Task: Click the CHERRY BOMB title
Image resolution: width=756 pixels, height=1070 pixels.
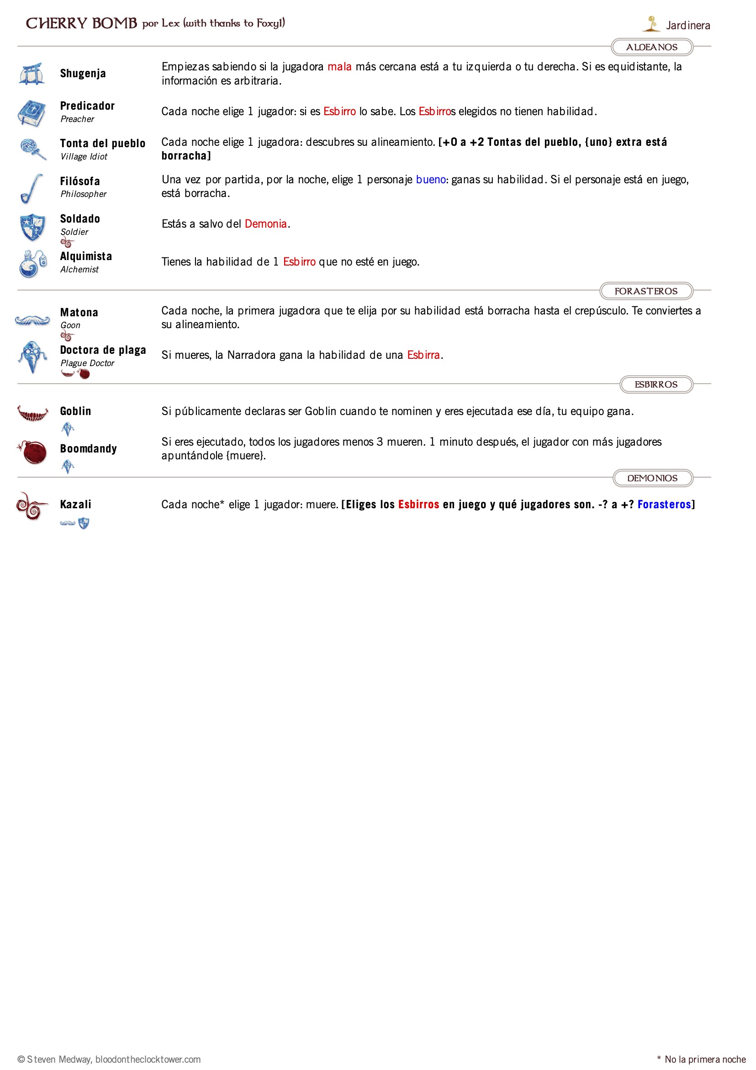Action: pos(81,23)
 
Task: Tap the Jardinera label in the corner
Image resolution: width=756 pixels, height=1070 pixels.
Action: pos(687,26)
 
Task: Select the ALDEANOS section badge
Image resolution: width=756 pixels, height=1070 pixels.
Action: pos(651,47)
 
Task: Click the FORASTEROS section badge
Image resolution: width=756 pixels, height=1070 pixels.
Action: pos(645,291)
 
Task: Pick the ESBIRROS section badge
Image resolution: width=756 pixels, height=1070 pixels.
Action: pos(656,384)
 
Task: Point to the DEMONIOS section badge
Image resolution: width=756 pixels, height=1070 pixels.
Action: pos(652,478)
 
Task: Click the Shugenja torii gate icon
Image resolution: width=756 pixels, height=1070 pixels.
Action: pos(32,74)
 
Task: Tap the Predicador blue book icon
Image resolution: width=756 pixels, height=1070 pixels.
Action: pos(32,112)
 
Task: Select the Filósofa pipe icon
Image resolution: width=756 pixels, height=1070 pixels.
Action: pos(32,188)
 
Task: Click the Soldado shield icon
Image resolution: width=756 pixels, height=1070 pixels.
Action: pos(32,227)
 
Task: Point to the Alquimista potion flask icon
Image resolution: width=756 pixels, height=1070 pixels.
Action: pos(32,264)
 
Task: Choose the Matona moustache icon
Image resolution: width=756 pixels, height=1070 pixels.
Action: pos(32,320)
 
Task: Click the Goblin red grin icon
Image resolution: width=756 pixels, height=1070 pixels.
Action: pos(32,413)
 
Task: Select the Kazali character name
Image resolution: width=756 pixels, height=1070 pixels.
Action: pos(75,504)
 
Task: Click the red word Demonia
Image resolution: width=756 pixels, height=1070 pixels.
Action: pos(265,224)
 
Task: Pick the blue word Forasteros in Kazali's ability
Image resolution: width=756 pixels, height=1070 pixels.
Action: pos(664,504)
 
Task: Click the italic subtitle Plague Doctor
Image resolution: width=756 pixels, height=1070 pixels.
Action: pos(87,363)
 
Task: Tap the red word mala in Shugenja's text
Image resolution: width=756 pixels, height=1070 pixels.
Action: pos(339,67)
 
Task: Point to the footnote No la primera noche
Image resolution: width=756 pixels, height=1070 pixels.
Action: pos(704,1059)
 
